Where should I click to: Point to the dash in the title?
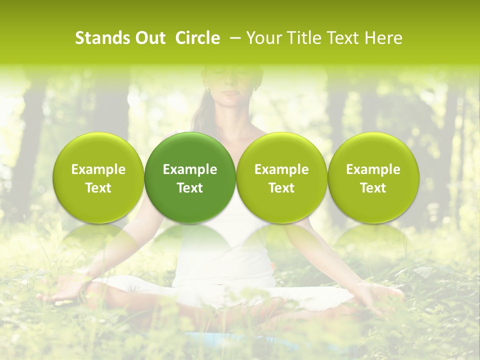tap(233, 38)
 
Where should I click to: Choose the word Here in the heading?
tap(383, 38)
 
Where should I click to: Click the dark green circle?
tap(190, 177)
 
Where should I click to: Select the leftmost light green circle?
tap(98, 177)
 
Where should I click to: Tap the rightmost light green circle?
tap(373, 177)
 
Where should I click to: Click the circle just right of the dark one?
tap(281, 177)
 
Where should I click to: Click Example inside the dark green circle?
tap(190, 169)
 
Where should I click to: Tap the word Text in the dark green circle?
tap(190, 187)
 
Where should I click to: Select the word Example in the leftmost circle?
tap(98, 169)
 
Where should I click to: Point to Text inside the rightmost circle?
tap(373, 187)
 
